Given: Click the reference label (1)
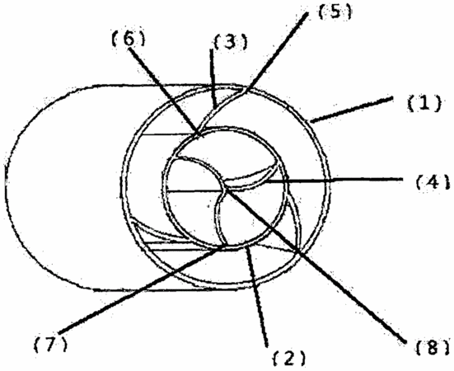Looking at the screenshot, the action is [424, 104].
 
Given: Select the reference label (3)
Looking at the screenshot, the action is [231, 42].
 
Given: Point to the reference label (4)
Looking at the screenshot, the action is [433, 183].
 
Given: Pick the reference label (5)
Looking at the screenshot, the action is [335, 12].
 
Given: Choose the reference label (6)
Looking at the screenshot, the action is [129, 38].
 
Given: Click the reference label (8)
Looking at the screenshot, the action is [433, 347].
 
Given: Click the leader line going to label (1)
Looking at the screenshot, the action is [351, 110].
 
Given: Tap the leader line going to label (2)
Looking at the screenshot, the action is [257, 296].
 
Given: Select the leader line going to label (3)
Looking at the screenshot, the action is [213, 79].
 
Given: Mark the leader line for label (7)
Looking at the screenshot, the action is [142, 289].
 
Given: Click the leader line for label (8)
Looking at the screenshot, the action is [314, 265].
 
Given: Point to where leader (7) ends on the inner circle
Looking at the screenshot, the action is [224, 247].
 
